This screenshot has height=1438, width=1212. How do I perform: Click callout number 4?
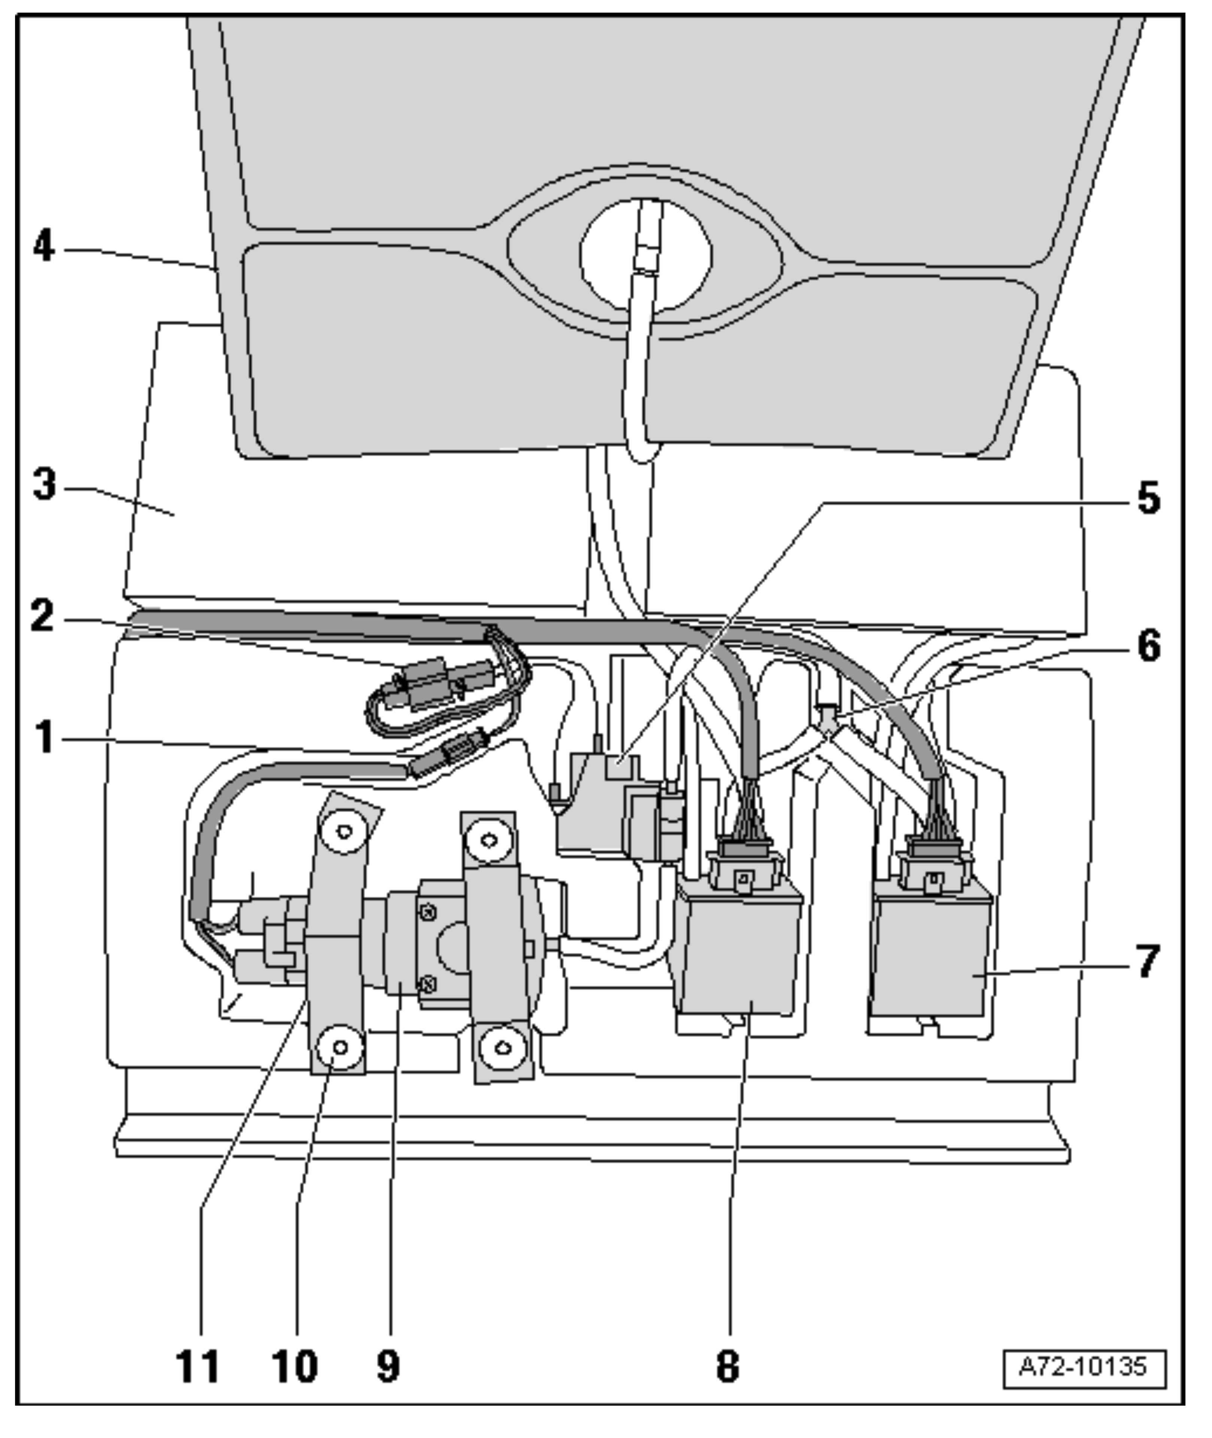pos(44,246)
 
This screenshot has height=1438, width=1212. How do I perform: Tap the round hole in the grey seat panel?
pos(646,255)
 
